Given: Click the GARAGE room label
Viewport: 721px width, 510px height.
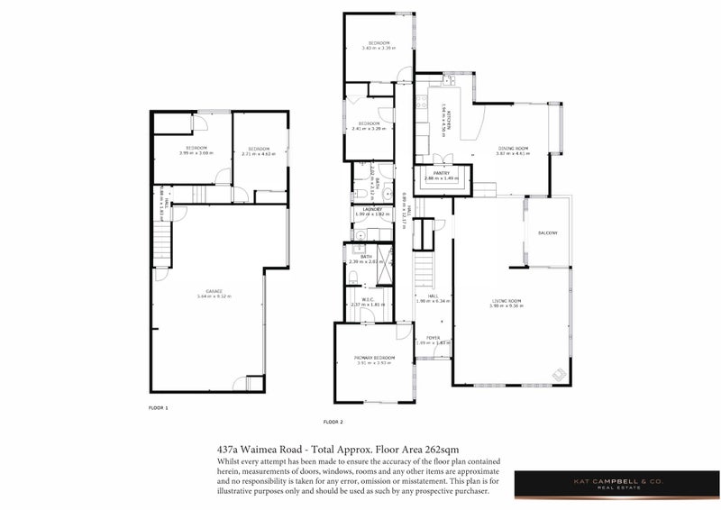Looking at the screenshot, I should [x=214, y=291].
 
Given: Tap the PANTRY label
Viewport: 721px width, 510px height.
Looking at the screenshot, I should [x=441, y=173].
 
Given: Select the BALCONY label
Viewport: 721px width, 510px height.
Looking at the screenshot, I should [x=548, y=233].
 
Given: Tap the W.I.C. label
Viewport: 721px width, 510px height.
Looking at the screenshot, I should [x=367, y=300].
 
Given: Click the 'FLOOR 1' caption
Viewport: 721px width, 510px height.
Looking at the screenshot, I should [x=158, y=408].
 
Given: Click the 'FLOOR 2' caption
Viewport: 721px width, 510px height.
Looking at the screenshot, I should [x=333, y=422].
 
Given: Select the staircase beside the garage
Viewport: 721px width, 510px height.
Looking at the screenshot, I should [x=161, y=243].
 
